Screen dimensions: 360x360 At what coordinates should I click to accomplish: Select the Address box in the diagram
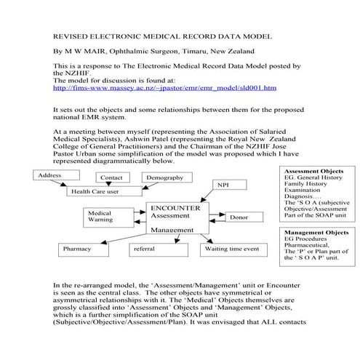(50, 175)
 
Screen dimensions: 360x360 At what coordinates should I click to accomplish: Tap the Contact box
(111, 177)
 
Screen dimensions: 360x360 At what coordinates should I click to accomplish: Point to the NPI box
(223, 185)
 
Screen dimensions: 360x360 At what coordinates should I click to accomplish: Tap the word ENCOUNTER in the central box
(175, 207)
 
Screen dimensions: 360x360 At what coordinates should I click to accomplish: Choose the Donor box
(239, 217)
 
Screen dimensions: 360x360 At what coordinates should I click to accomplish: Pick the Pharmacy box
(78, 249)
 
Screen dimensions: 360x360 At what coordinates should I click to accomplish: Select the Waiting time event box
(232, 249)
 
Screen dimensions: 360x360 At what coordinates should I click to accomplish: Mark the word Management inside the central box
(172, 230)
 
